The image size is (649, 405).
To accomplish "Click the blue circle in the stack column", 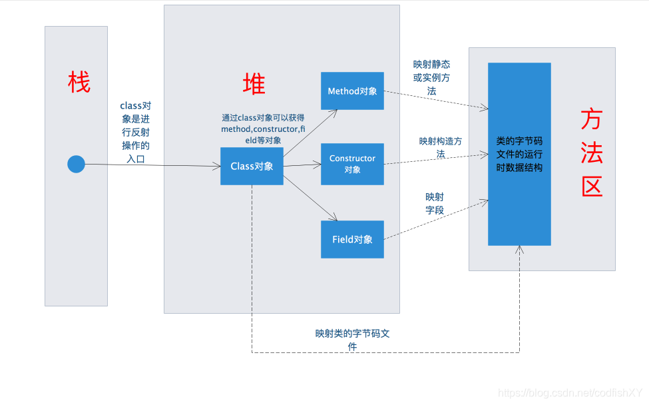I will (77, 164).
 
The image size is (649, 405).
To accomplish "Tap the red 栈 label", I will (79, 83).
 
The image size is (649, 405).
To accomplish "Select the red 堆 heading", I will (254, 84).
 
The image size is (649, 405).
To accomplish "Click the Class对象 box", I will (252, 166).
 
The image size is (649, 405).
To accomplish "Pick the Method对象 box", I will (352, 91).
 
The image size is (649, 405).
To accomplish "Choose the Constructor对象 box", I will (352, 164).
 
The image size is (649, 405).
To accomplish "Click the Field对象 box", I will (352, 239).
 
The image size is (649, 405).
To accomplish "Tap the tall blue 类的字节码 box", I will (519, 154).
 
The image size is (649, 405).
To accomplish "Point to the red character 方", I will (591, 120).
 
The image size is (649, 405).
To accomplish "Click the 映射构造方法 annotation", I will (440, 147).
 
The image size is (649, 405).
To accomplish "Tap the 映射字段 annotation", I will (434, 203).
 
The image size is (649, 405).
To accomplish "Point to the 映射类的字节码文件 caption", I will (352, 340).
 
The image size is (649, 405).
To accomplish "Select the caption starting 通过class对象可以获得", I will (262, 129).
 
